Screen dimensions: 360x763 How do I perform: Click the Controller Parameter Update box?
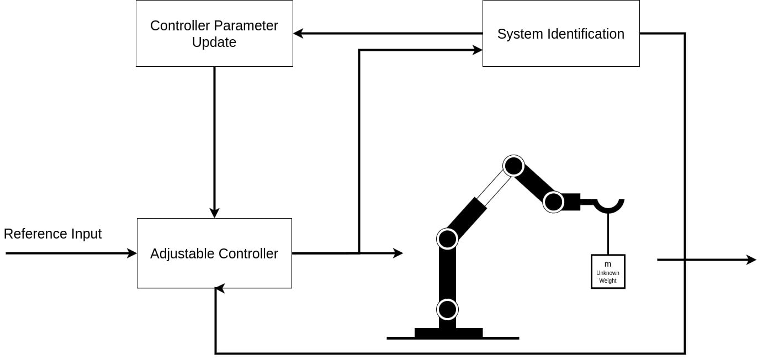click(214, 34)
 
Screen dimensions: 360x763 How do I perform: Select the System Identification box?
click(560, 34)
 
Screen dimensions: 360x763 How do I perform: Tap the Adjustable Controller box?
click(214, 253)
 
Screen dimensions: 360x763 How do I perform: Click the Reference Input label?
click(52, 234)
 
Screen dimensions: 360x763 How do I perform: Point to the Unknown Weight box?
click(607, 272)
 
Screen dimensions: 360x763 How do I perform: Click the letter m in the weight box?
click(607, 264)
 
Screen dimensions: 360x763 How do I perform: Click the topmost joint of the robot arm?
click(513, 166)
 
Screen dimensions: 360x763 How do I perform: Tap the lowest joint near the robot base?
click(447, 309)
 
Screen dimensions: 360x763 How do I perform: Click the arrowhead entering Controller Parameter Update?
click(298, 34)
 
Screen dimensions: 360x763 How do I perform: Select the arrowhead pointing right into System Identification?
click(478, 50)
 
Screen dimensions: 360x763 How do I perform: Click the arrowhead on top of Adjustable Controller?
click(214, 213)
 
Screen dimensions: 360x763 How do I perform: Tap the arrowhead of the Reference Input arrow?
click(132, 253)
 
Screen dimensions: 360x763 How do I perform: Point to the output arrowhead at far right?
click(751, 260)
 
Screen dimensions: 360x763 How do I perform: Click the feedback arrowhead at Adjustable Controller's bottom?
click(219, 288)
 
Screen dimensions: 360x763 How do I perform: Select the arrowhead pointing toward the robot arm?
click(398, 253)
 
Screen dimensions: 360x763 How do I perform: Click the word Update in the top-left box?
click(214, 43)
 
